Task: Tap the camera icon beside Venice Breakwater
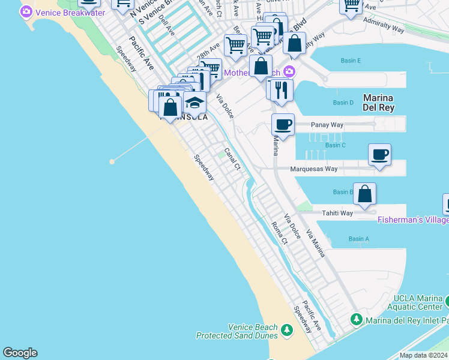tap(26, 12)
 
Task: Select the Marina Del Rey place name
tap(378, 103)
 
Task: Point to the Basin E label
tap(351, 61)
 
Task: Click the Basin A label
tap(359, 239)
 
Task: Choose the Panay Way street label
tap(327, 125)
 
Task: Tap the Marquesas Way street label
tap(314, 169)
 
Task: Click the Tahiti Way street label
tap(338, 213)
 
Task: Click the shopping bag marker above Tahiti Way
tap(364, 194)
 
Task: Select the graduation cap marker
tap(194, 103)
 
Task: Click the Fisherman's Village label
tap(413, 220)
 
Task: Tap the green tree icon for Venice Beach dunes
tap(287, 330)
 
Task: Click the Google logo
tap(20, 353)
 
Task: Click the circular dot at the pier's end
tap(112, 161)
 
